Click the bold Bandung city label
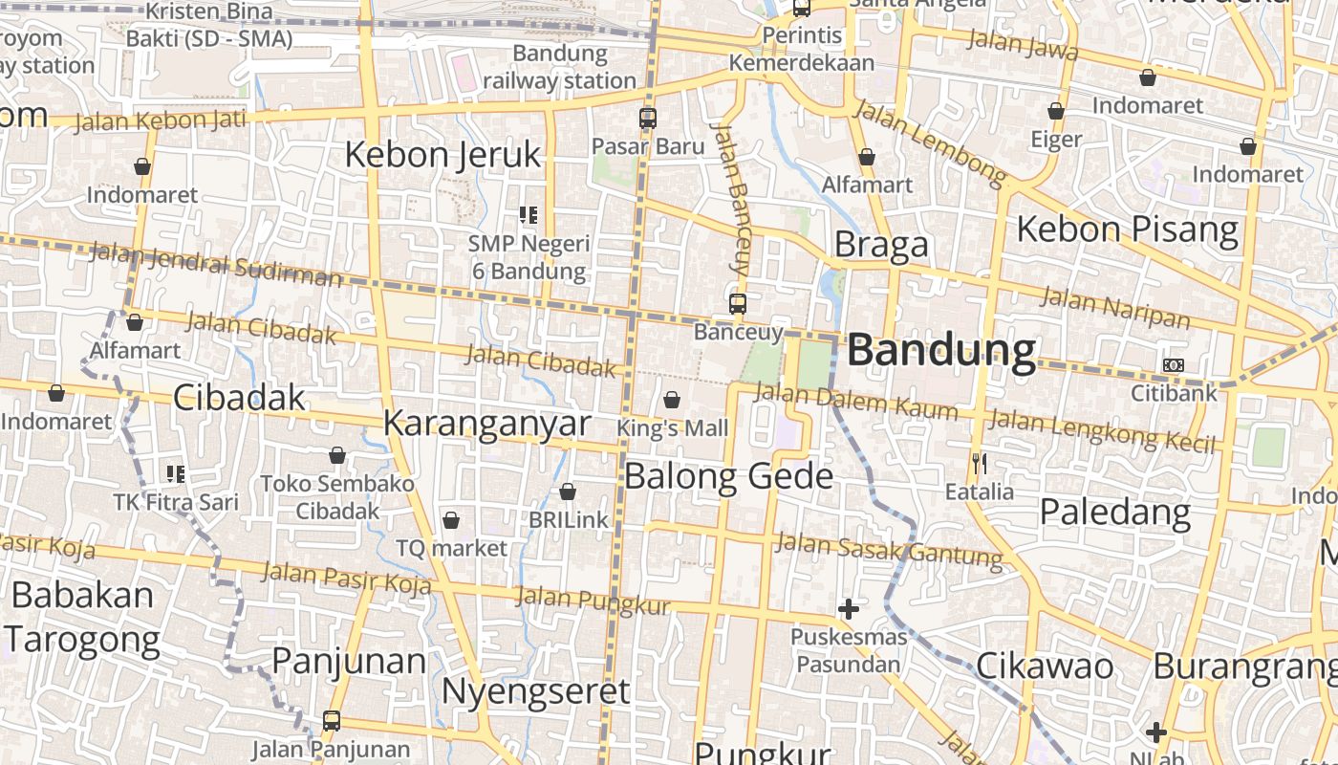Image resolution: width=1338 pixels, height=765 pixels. pos(941,351)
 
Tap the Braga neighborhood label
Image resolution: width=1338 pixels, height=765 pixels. pos(881,245)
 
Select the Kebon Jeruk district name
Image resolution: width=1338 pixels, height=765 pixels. pos(442,154)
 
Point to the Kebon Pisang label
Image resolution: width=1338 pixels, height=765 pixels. pos(1127,229)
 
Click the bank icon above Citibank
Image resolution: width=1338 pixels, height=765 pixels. pos(1174,365)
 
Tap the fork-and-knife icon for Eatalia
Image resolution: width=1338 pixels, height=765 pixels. pos(979,465)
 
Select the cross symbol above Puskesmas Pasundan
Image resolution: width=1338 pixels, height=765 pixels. pos(848,609)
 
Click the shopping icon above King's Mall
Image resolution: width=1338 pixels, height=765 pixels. pos(672,400)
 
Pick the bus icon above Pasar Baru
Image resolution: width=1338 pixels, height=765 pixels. pos(648,120)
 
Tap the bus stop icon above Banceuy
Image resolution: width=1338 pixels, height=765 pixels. pos(738,304)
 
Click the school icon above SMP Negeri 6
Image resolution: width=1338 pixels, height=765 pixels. pos(529,215)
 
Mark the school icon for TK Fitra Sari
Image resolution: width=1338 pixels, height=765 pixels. pos(176,473)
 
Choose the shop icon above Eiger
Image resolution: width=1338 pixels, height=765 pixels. pos(1056,112)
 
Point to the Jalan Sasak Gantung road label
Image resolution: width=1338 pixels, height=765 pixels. pos(889,549)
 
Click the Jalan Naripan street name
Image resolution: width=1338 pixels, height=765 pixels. pos(1114,307)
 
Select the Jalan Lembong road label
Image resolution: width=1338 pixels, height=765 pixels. pos(930,142)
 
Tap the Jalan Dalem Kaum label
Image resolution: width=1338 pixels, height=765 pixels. pos(855,402)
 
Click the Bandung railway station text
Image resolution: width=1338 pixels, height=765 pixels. pos(559,67)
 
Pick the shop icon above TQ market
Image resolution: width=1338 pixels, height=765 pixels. pos(451,521)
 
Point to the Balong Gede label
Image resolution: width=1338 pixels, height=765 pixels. pos(728,475)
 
